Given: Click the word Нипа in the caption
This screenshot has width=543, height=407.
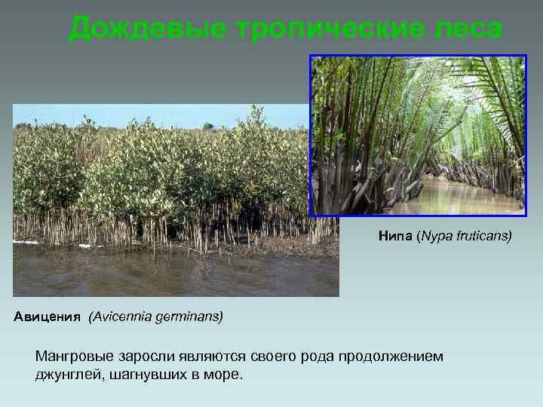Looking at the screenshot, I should [x=395, y=237].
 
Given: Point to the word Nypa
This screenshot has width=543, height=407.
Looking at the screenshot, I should [x=437, y=237].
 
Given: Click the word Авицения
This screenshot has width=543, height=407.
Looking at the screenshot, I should [x=47, y=317].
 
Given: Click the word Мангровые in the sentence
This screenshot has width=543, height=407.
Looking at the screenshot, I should [x=74, y=356].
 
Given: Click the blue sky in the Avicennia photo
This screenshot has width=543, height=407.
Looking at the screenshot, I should [x=151, y=113].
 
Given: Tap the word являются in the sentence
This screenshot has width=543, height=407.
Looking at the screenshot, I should [x=219, y=356].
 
